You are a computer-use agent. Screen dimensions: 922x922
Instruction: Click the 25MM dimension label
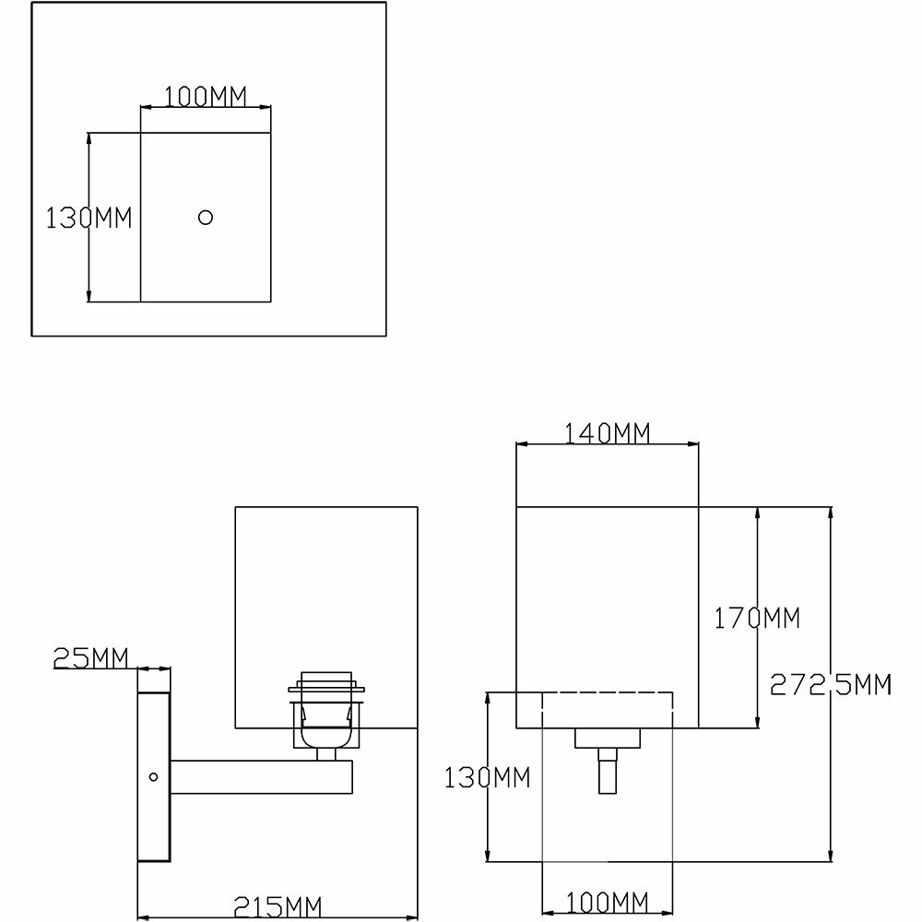point(90,658)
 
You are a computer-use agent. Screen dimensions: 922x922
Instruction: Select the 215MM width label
point(274,907)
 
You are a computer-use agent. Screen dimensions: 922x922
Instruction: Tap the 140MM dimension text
point(607,432)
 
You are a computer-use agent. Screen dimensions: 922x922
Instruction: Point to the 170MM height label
point(758,618)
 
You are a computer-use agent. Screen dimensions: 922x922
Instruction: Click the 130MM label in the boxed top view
point(89,219)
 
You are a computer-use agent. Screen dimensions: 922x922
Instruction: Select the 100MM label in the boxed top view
point(206,97)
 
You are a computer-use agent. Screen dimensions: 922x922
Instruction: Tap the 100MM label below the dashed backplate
point(607,901)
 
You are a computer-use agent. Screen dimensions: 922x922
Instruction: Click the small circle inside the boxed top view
point(206,218)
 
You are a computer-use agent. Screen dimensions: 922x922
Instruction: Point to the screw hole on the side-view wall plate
point(153,776)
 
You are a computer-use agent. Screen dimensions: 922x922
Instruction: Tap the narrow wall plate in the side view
point(154,765)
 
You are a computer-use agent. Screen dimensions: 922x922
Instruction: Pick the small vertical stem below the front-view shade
point(607,771)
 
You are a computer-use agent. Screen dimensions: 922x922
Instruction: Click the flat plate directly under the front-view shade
point(607,738)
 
